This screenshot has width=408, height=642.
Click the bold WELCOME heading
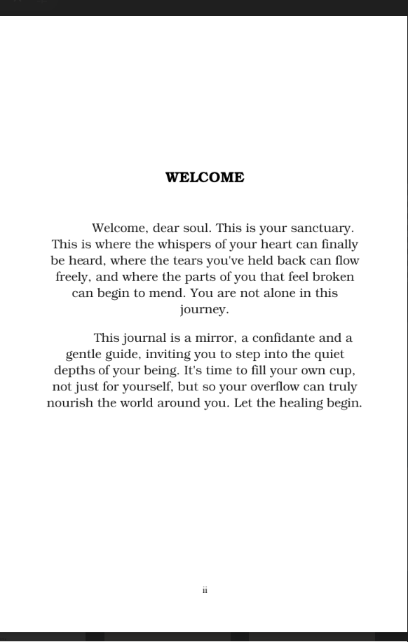[x=205, y=178]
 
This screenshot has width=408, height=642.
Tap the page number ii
[x=205, y=590]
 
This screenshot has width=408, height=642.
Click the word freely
[x=72, y=277]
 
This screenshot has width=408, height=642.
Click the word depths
[x=74, y=370]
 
